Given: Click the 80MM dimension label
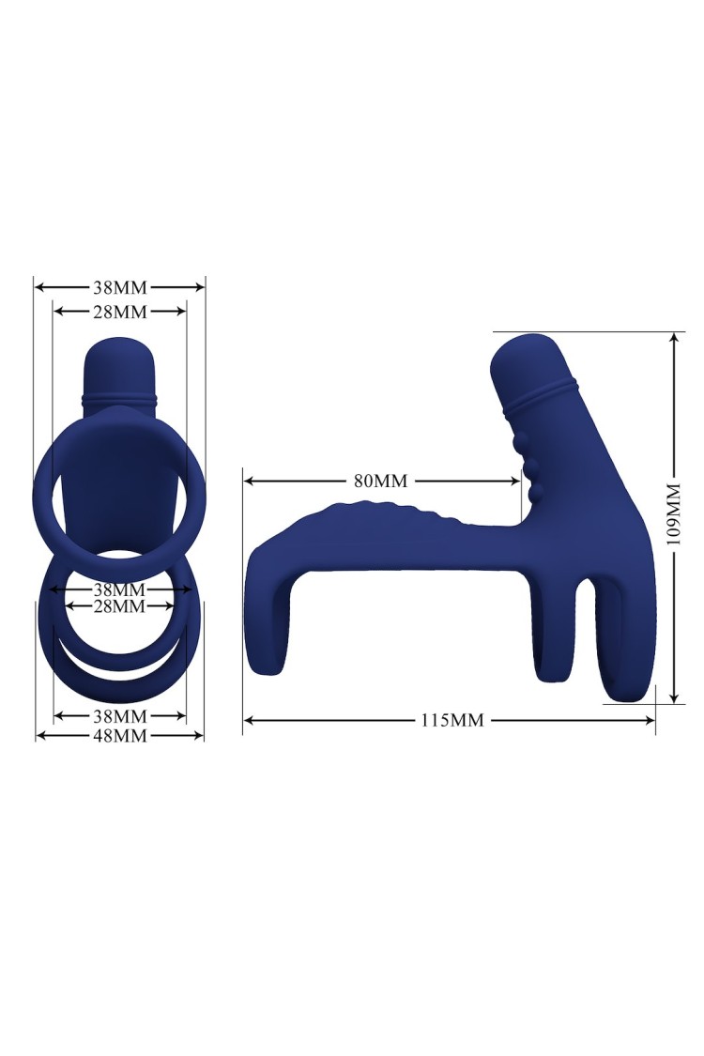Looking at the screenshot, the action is click(x=381, y=481).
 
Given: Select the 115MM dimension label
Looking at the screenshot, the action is click(x=452, y=720).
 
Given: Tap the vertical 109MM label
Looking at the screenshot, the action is click(x=674, y=513).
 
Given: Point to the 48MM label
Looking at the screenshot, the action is click(x=119, y=735).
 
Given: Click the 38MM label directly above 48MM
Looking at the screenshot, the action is click(x=119, y=715).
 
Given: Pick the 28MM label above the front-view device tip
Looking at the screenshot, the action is click(x=119, y=311).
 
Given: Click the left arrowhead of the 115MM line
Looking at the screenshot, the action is click(x=247, y=720).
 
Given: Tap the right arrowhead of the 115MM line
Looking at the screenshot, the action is click(x=650, y=720).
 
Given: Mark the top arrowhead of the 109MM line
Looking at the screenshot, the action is click(x=674, y=337).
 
